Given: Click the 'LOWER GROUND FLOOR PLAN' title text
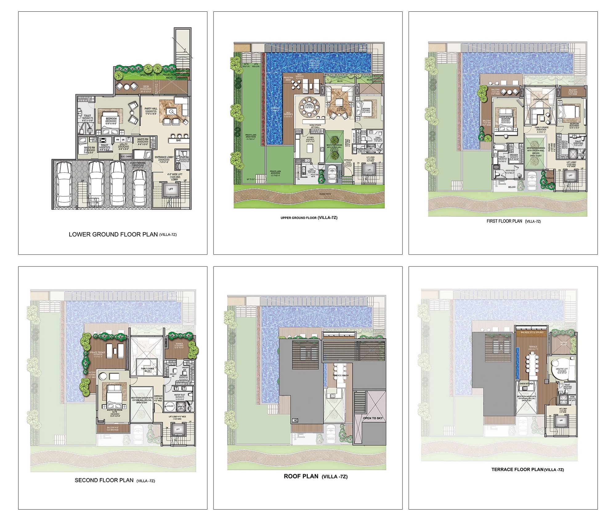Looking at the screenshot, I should tap(113, 234).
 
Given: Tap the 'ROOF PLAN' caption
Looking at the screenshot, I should tap(301, 476).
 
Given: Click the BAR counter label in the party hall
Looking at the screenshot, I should tap(178, 140).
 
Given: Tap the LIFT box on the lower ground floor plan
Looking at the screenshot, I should tap(171, 189).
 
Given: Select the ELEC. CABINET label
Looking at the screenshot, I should tap(127, 157).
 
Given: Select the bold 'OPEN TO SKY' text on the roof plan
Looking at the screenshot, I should tap(373, 418).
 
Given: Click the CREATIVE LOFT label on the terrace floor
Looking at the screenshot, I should tap(559, 370).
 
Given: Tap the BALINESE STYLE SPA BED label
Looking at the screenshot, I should tap(532, 333).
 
